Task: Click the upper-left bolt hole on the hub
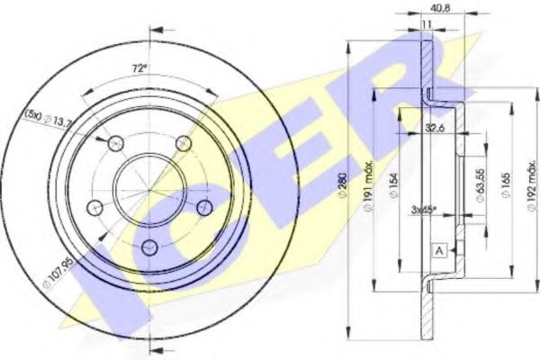115,143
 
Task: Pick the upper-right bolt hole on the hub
183,143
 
